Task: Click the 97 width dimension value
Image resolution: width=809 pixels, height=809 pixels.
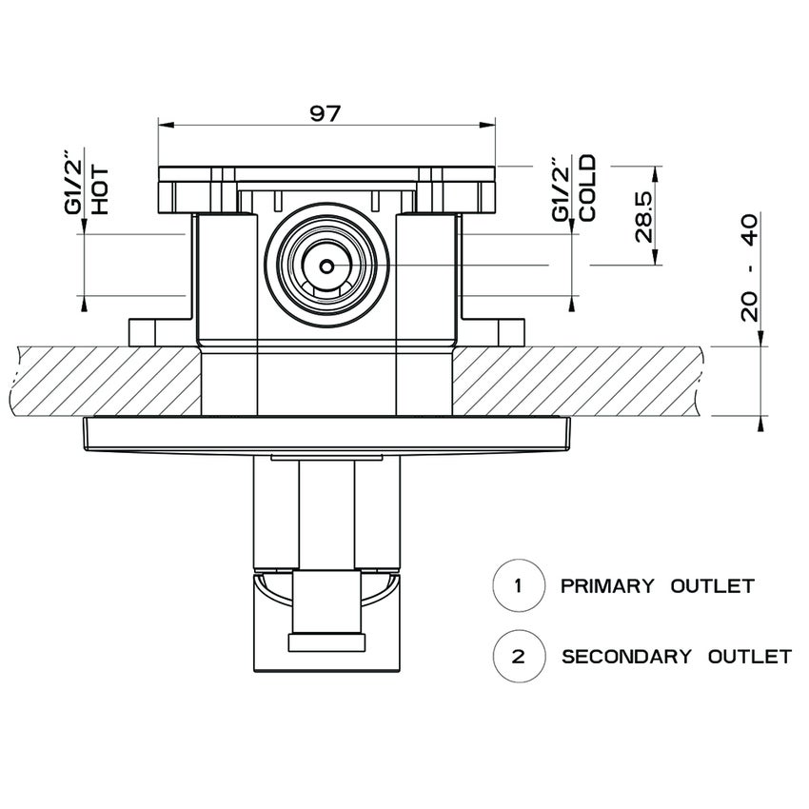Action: [326, 111]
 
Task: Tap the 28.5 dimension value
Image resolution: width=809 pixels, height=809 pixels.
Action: [643, 216]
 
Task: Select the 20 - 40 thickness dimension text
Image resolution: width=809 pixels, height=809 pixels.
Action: [749, 268]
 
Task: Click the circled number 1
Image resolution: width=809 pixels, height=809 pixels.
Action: [518, 584]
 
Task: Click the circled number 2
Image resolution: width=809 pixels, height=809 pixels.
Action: [518, 656]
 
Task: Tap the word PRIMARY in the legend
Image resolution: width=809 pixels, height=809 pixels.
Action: [607, 585]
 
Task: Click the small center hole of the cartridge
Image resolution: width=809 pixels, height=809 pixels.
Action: [326, 266]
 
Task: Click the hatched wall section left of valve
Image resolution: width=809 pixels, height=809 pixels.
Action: [105, 381]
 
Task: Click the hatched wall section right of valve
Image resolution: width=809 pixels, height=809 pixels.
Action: [581, 381]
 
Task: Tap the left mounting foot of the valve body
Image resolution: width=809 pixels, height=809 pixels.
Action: [143, 332]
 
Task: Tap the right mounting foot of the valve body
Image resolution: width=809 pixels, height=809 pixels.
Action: [510, 332]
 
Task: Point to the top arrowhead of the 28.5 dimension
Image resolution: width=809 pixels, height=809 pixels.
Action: [655, 171]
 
